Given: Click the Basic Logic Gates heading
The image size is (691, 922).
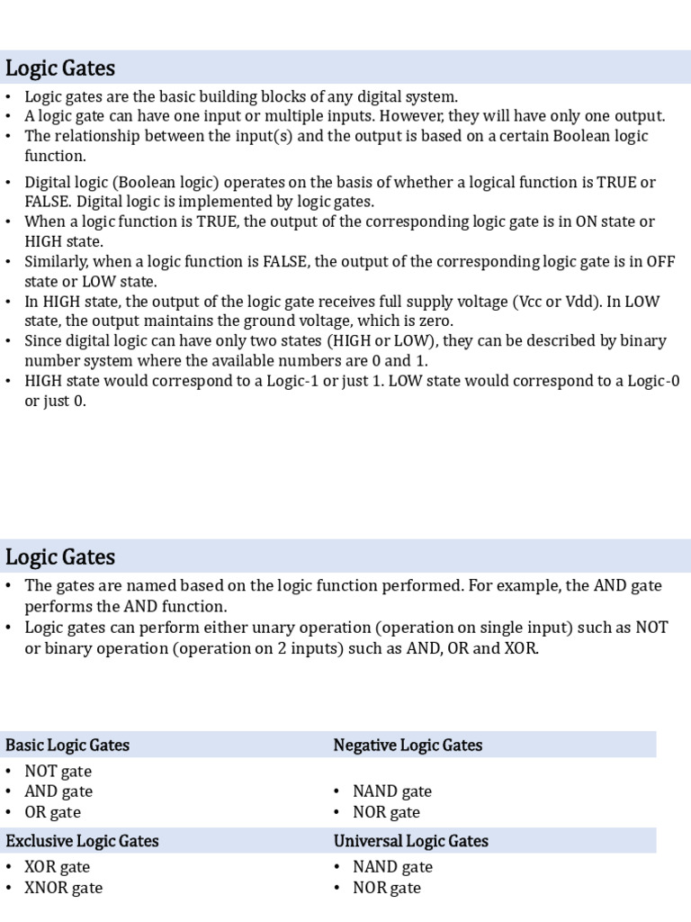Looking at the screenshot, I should [67, 745].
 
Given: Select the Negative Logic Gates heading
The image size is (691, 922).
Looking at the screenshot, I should [408, 745].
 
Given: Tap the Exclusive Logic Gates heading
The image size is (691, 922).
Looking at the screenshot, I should [82, 841].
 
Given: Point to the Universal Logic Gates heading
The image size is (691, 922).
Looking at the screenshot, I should [411, 841].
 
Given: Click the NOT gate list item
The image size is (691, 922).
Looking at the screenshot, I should [58, 771].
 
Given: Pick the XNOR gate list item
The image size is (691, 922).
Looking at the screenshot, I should [63, 888].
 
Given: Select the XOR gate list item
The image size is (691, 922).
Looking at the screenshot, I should [58, 867].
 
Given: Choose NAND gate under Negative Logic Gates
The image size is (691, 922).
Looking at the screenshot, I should [391, 791].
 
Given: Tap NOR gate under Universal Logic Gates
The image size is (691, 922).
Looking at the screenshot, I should [386, 888].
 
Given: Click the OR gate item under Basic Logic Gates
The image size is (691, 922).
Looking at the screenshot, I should [52, 812].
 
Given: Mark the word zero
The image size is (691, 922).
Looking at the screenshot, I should [436, 321].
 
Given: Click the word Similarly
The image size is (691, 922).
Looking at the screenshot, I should [59, 262].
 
